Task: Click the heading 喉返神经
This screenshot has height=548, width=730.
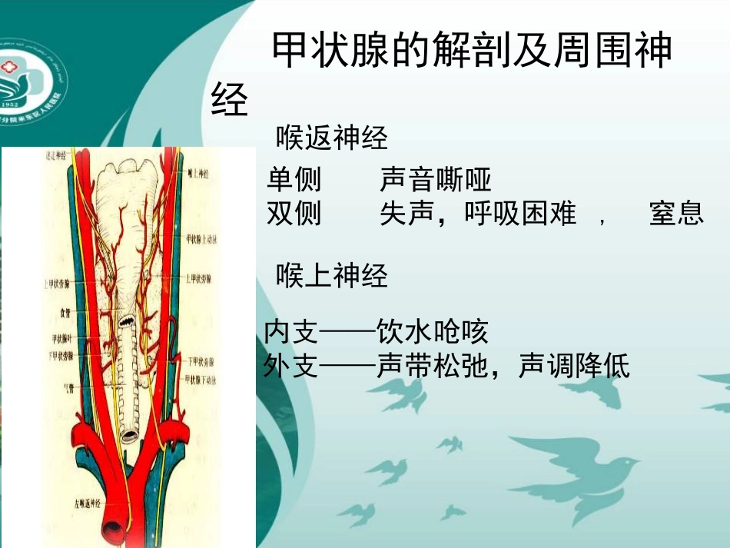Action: click(x=332, y=139)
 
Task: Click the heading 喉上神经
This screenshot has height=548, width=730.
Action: click(x=332, y=276)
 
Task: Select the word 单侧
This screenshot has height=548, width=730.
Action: click(x=294, y=181)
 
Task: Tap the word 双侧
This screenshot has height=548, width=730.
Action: click(x=294, y=213)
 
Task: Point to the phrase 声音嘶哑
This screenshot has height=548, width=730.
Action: click(x=436, y=181)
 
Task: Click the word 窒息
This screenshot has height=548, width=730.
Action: click(x=676, y=214)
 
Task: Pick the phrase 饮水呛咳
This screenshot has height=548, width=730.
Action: click(x=433, y=333)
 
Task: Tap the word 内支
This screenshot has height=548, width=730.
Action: click(x=290, y=333)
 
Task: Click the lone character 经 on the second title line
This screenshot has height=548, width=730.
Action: click(x=230, y=99)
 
